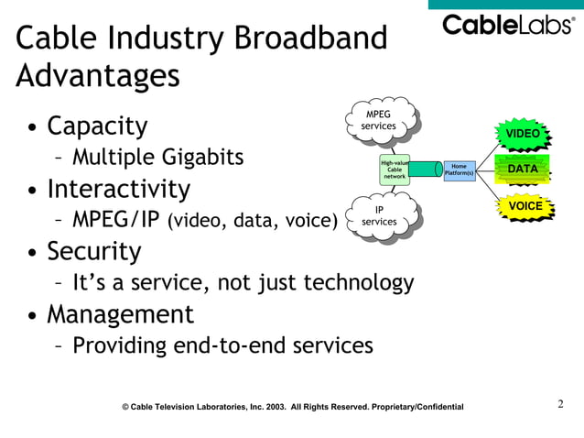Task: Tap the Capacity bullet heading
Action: (97, 125)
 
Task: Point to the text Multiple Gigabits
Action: (157, 157)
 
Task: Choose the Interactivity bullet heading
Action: (119, 189)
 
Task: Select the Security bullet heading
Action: (94, 251)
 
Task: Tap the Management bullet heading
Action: (120, 314)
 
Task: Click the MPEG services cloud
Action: (379, 120)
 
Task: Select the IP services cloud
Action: (379, 216)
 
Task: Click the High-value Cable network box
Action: (395, 170)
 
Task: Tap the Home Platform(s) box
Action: (459, 170)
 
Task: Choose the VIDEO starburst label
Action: (524, 134)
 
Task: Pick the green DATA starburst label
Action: (523, 169)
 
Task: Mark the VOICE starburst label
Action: (525, 206)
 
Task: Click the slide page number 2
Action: (561, 402)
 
